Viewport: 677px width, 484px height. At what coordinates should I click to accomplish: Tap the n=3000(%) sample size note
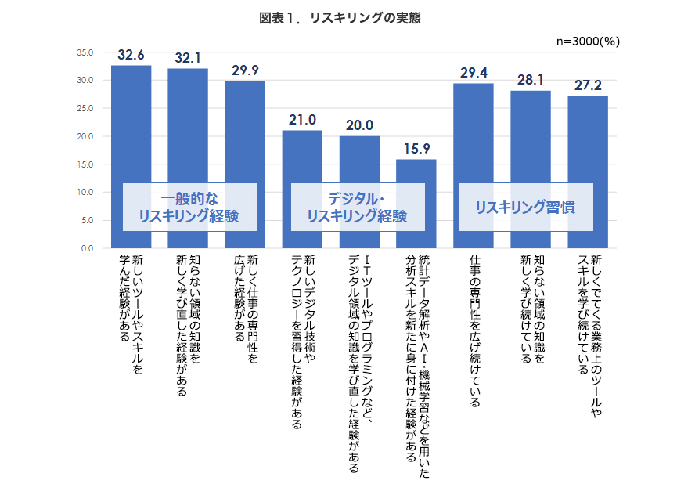click(x=587, y=42)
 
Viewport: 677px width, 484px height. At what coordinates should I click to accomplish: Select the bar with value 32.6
click(x=131, y=117)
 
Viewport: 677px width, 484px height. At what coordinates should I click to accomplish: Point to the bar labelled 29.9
click(x=245, y=125)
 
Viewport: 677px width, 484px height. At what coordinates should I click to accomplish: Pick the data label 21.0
click(x=302, y=120)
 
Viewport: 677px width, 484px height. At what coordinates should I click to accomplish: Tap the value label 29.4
click(x=474, y=73)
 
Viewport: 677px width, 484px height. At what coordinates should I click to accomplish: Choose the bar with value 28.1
click(x=531, y=133)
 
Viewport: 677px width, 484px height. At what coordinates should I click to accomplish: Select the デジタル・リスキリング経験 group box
click(x=358, y=207)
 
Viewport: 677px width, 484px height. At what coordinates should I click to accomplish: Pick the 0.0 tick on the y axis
click(x=86, y=248)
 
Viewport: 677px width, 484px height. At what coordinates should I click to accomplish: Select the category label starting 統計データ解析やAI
click(x=417, y=364)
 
